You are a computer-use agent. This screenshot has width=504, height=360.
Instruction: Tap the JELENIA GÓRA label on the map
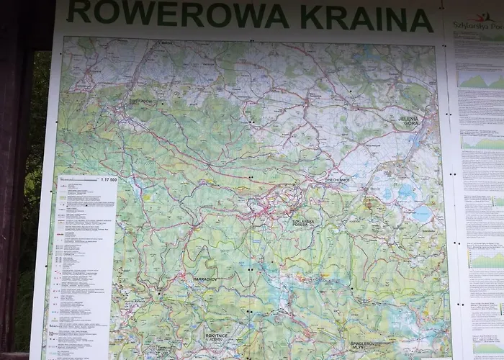[x=408, y=120]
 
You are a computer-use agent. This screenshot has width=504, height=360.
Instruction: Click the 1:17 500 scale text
[x=108, y=179]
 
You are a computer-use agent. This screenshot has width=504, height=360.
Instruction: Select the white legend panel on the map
[x=86, y=266]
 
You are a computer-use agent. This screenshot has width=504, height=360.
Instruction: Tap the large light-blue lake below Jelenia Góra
[x=422, y=214]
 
